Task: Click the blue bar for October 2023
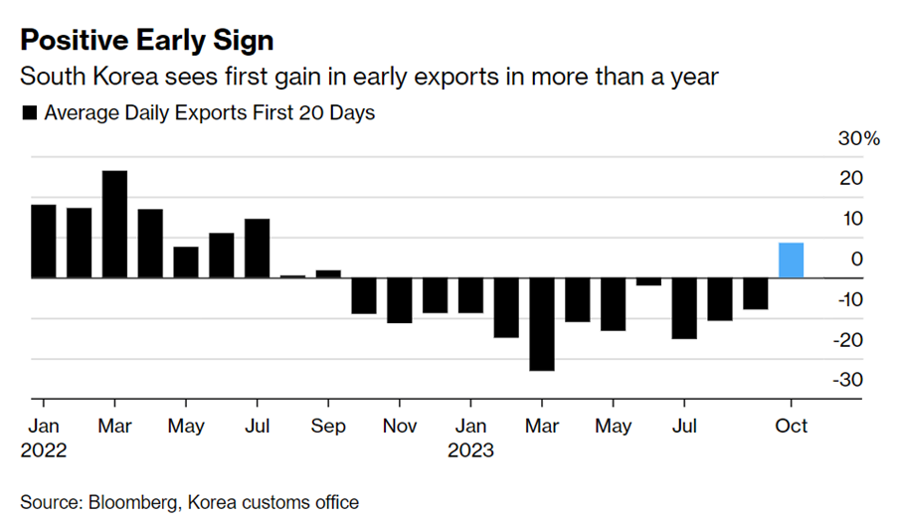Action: click(x=791, y=261)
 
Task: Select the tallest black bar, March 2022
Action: click(x=114, y=224)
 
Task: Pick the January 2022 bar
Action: click(x=43, y=241)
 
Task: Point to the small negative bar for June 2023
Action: click(x=648, y=281)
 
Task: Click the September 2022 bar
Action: click(x=328, y=273)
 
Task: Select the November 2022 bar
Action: click(x=399, y=300)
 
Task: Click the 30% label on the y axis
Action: click(x=860, y=139)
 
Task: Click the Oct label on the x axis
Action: click(x=791, y=426)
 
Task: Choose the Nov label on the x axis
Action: click(x=399, y=426)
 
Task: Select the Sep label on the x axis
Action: click(x=328, y=426)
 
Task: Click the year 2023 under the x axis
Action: click(x=470, y=449)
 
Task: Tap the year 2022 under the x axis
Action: click(x=43, y=449)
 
